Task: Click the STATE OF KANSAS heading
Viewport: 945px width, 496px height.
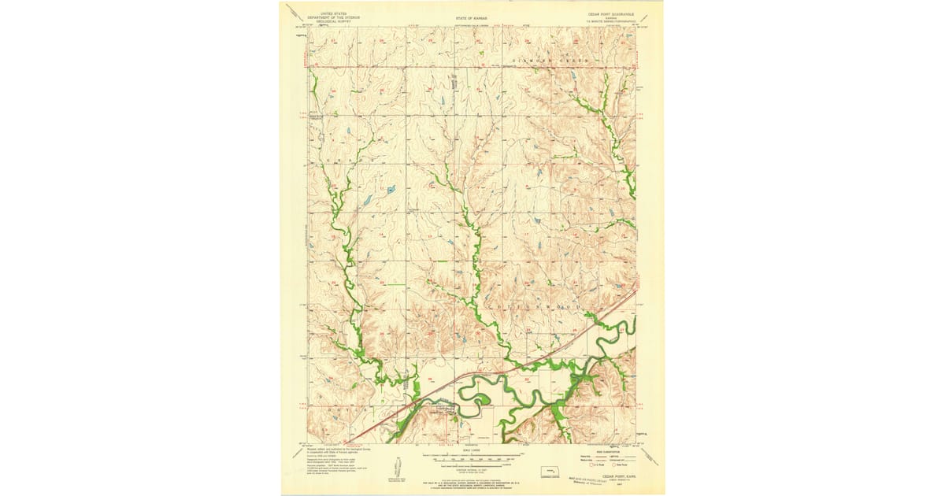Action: click(x=471, y=16)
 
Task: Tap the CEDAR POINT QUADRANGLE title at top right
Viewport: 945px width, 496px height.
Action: click(x=612, y=13)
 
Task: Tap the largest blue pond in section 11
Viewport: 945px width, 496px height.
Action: click(x=367, y=201)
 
